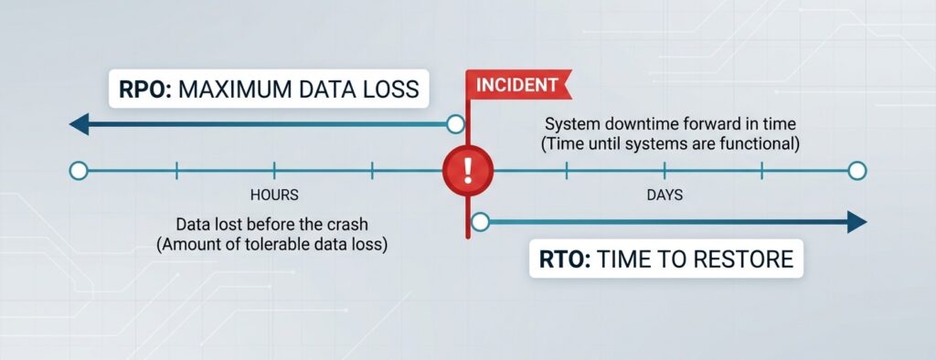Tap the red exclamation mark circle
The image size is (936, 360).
467,170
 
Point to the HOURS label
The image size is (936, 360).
273,195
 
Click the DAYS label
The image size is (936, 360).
665,195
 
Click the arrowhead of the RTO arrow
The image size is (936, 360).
856,220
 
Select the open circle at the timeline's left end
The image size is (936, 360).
79,170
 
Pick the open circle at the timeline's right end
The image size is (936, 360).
856,170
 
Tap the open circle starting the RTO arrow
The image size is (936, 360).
482,220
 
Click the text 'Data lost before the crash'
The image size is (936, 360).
273,224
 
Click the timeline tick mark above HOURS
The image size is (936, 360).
273,170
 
